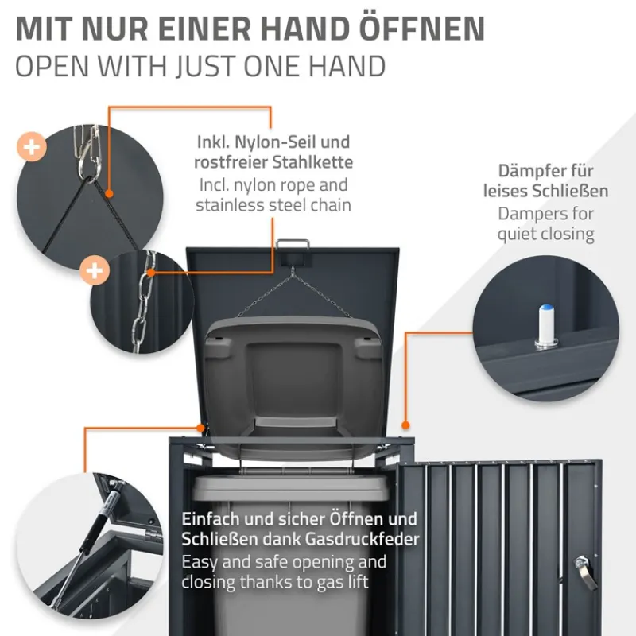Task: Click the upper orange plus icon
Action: [x=33, y=148]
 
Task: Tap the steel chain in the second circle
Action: [x=143, y=302]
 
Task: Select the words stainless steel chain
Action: [x=273, y=206]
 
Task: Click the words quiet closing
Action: [x=546, y=234]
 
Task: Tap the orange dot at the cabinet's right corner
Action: [x=406, y=426]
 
